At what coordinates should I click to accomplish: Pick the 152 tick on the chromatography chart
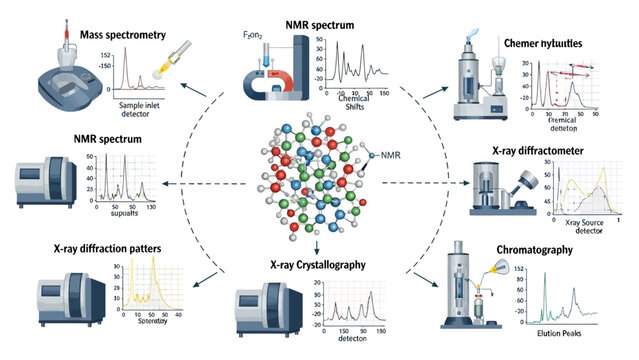[x=519, y=268]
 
